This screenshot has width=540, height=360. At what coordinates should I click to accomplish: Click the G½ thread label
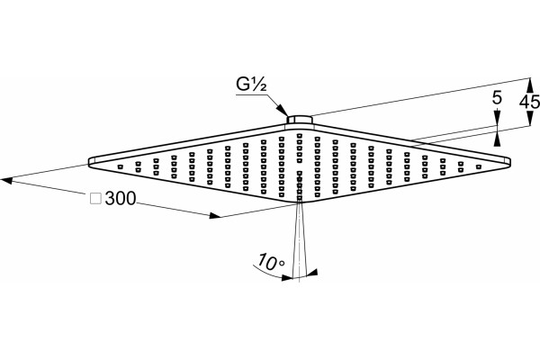point(251,85)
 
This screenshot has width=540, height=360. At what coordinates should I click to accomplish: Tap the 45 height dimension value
point(530,103)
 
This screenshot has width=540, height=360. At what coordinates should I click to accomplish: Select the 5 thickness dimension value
point(497,98)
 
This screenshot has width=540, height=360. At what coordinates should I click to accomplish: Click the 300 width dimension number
point(121,198)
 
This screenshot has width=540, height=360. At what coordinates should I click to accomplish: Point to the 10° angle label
point(272,262)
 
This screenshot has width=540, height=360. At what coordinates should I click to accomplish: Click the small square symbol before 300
point(95,199)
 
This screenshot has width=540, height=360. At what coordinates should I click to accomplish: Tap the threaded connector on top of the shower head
point(299,120)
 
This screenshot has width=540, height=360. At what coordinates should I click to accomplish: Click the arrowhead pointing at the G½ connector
point(283,111)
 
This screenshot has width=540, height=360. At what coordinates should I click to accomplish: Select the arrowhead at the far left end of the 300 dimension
point(6,180)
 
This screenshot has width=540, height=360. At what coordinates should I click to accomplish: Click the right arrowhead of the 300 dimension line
point(215,216)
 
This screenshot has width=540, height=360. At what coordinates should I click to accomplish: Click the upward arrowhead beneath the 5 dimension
point(497,139)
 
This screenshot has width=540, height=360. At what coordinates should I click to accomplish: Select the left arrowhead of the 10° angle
point(286,277)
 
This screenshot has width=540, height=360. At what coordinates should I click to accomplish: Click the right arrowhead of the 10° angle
point(311,273)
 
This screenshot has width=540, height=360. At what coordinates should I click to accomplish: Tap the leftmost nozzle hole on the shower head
point(121,166)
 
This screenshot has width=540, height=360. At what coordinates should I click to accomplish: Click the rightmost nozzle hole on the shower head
point(478,166)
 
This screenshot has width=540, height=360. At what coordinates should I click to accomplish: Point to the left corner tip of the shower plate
point(88,162)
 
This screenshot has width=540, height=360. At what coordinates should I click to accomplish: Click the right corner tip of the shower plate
point(510,162)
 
